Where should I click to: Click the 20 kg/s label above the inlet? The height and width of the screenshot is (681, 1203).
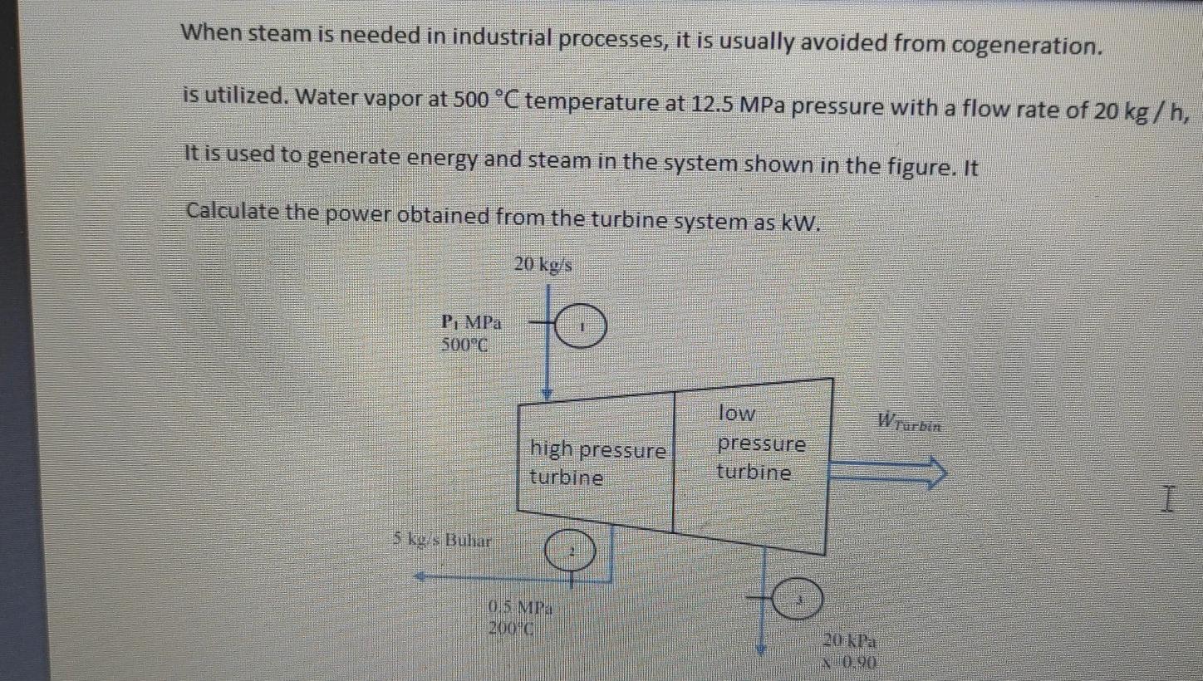pos(543,265)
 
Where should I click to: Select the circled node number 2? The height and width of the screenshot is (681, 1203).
pos(571,551)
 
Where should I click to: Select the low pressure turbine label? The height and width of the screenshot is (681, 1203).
pos(760,443)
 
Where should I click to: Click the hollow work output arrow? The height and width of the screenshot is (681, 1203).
pos(889,472)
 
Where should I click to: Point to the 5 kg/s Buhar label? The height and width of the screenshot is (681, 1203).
pos(442,541)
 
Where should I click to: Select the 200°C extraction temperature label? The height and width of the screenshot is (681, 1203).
pos(511,628)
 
